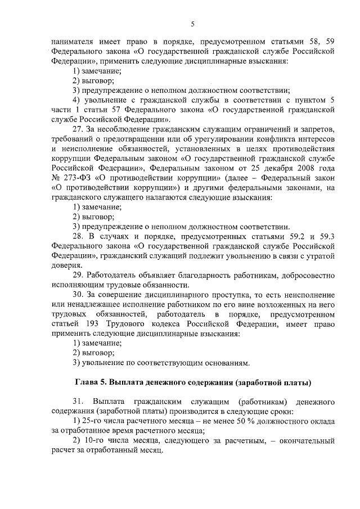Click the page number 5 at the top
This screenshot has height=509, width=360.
(192, 24)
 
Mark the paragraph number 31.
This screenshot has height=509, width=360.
(78, 404)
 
